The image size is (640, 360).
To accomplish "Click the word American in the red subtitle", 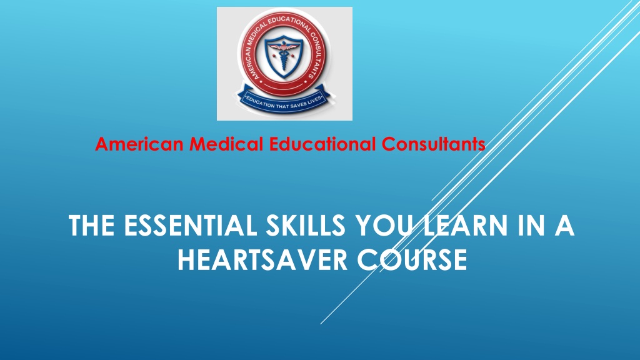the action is (139, 144).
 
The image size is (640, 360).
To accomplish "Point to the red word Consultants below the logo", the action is (434, 144).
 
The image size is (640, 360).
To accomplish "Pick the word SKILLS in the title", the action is (306, 225).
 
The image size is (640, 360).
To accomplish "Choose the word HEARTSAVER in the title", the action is (262, 259).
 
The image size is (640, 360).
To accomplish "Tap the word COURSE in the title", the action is (412, 259).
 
